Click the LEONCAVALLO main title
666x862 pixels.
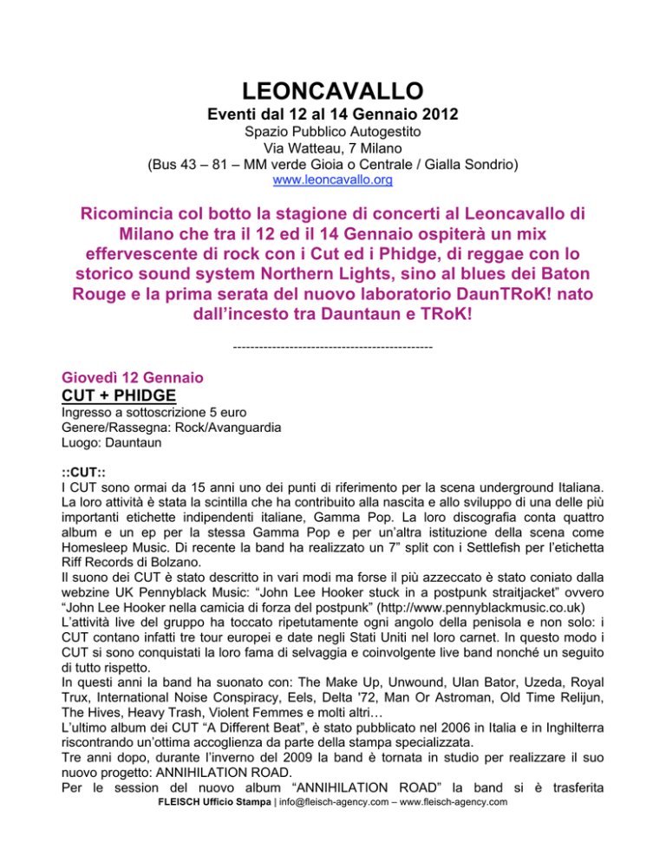tap(333, 90)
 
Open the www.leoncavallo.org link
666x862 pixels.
tap(333, 183)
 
